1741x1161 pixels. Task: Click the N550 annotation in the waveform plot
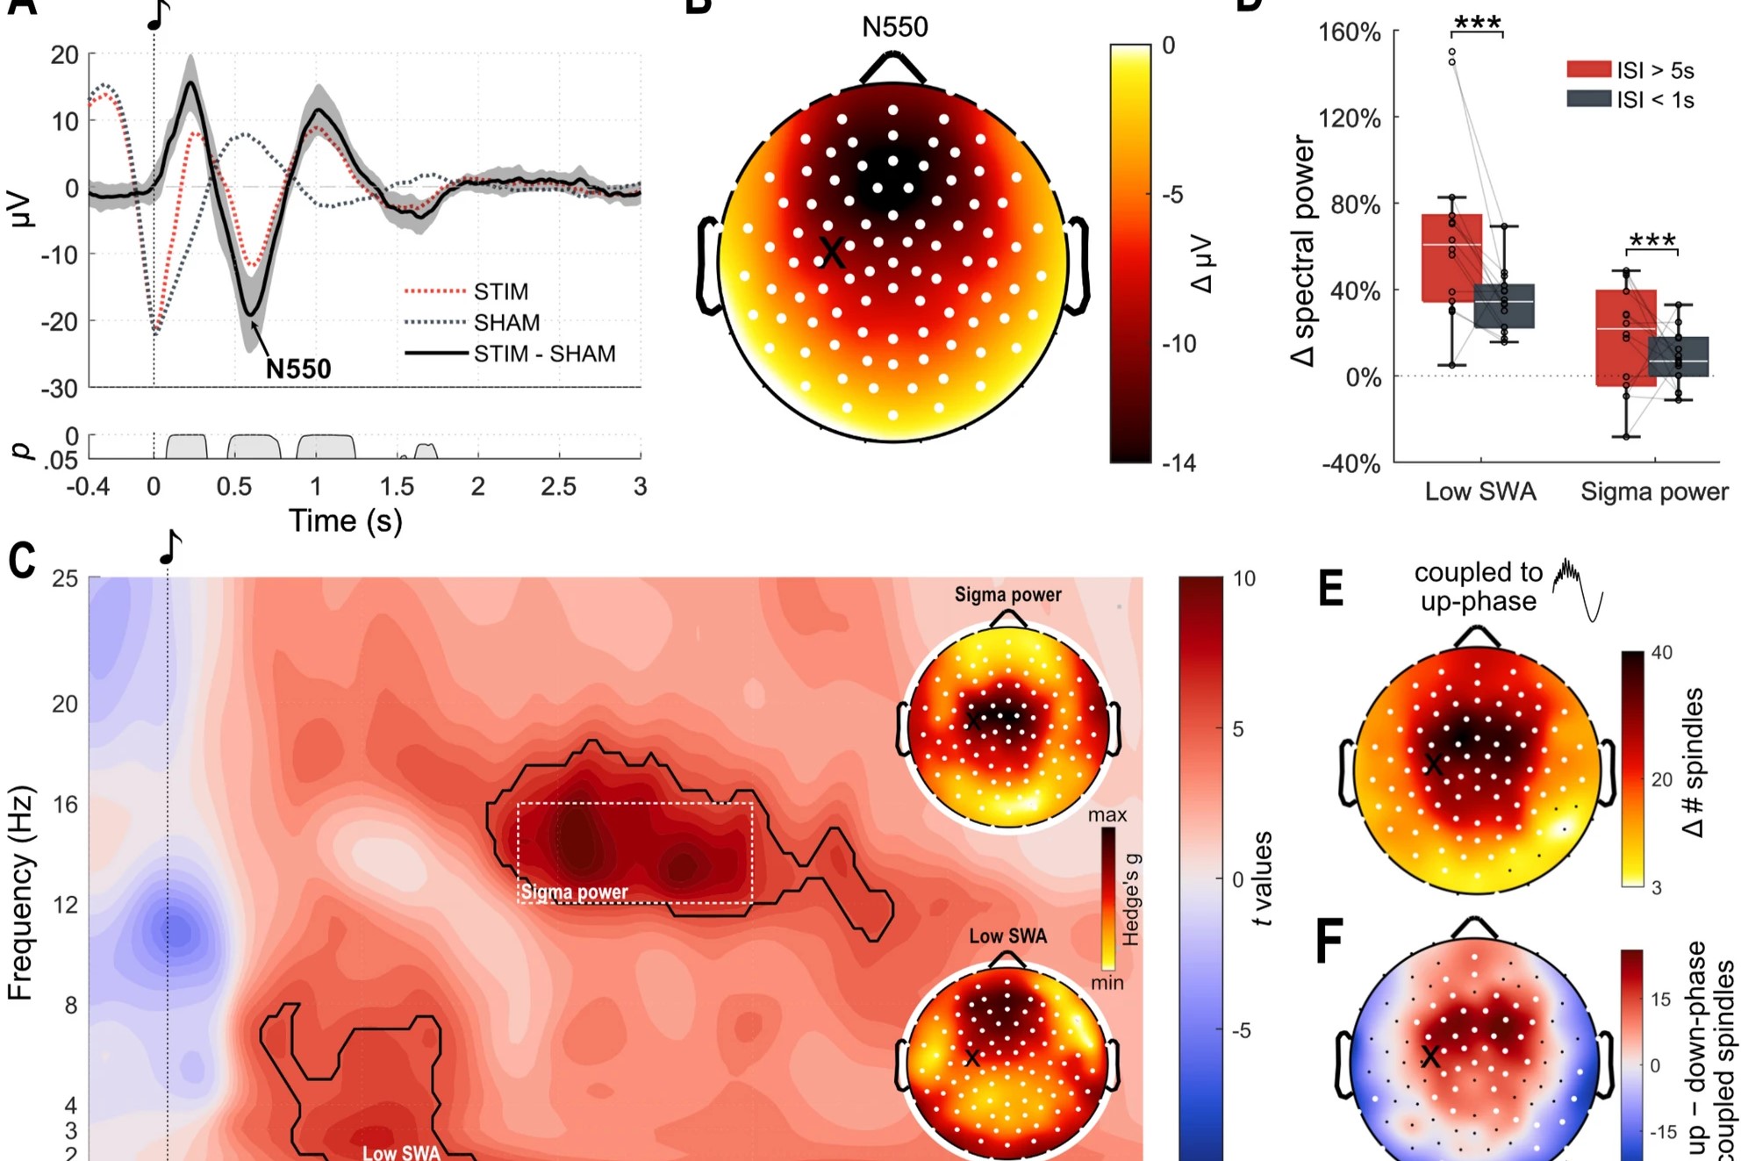(x=298, y=369)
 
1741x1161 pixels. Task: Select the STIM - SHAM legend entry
(x=544, y=354)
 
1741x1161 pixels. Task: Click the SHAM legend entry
(x=506, y=323)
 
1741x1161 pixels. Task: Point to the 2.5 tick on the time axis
(x=558, y=486)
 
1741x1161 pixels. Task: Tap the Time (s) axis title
(x=346, y=521)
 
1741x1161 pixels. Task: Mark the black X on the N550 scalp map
(x=831, y=253)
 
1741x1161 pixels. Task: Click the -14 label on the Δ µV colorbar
(x=1179, y=463)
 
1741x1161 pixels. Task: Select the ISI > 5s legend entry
(x=1654, y=70)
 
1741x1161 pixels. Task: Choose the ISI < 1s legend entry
(x=1654, y=100)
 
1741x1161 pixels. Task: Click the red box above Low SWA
(x=1451, y=258)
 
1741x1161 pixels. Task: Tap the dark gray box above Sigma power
(x=1679, y=356)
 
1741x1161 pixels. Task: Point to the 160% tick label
(x=1350, y=32)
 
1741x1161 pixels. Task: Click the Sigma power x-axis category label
(x=1654, y=491)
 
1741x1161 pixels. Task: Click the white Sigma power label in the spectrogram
(x=575, y=892)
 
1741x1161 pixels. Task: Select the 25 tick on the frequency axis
(x=65, y=579)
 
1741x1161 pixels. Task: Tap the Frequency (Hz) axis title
(x=21, y=892)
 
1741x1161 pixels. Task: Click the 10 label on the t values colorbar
(x=1244, y=579)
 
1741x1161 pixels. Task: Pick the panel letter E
(x=1330, y=588)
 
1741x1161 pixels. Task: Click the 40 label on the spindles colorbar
(x=1661, y=653)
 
